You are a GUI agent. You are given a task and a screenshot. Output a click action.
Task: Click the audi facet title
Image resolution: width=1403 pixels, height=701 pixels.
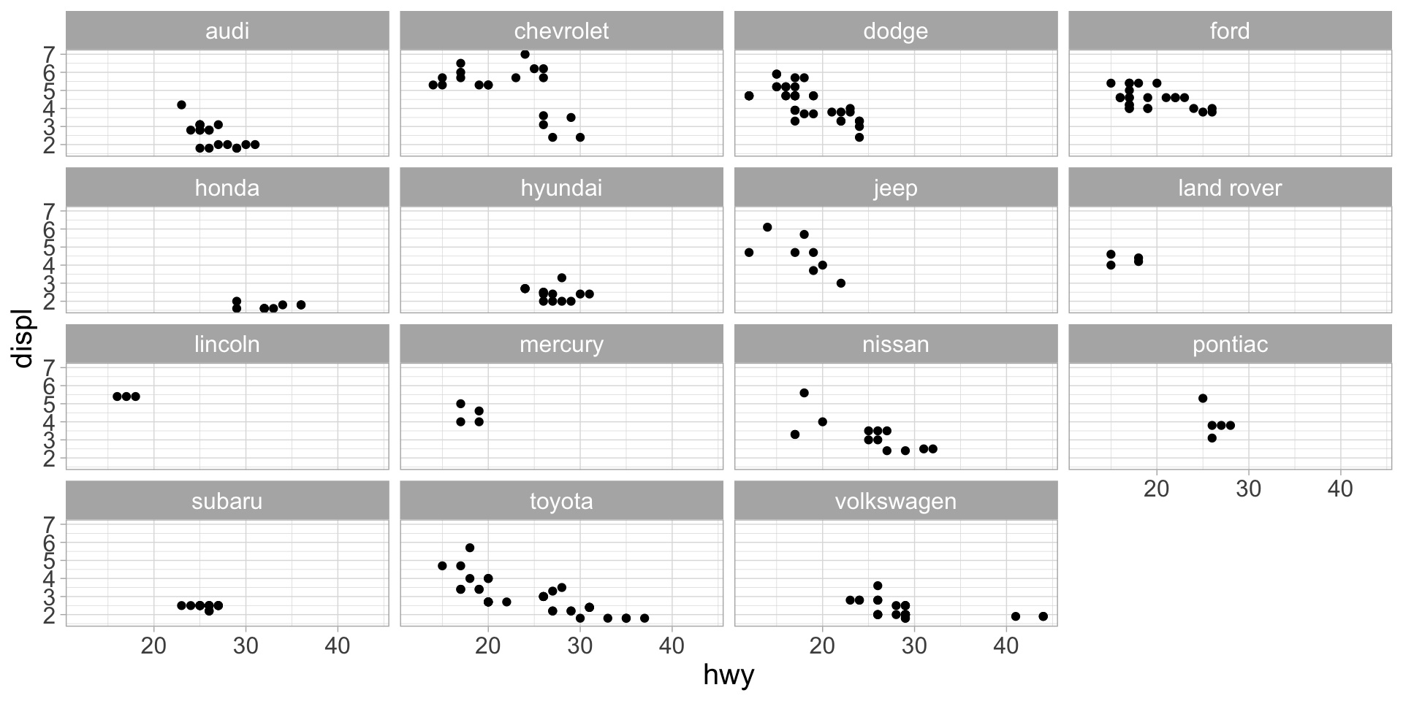pyautogui.click(x=227, y=31)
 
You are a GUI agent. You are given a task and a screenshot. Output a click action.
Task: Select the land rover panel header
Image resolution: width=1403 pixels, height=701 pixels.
pyautogui.click(x=1230, y=188)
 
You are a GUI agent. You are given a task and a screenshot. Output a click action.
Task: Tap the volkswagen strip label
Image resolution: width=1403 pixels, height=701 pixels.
pyautogui.click(x=895, y=501)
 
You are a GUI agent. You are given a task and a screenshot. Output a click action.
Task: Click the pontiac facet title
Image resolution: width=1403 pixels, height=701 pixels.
pyautogui.click(x=1230, y=344)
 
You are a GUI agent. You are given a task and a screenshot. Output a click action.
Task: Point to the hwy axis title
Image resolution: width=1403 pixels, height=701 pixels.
pyautogui.click(x=728, y=675)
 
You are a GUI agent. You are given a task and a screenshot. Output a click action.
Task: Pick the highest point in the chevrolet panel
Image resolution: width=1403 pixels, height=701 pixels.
pyautogui.click(x=525, y=54)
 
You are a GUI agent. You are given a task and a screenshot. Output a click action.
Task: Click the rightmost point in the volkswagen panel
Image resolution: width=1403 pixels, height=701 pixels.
pyautogui.click(x=1043, y=616)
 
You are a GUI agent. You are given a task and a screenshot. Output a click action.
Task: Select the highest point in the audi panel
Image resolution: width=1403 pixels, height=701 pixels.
pyautogui.click(x=181, y=104)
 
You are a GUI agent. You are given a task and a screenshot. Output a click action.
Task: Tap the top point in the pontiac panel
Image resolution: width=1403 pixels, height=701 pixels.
pyautogui.click(x=1202, y=398)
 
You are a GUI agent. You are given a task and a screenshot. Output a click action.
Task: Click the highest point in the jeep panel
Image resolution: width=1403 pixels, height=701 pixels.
pyautogui.click(x=767, y=227)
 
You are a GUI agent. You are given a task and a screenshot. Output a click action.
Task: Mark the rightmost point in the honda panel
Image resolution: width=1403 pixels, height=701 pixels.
pyautogui.click(x=300, y=304)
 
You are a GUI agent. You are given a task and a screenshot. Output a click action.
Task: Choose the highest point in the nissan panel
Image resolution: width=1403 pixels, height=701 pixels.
pyautogui.click(x=804, y=393)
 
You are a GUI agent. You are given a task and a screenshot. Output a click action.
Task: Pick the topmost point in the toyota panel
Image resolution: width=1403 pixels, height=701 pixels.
pyautogui.click(x=470, y=548)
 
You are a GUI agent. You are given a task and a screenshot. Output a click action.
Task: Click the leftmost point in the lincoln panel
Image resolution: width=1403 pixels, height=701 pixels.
pyautogui.click(x=117, y=397)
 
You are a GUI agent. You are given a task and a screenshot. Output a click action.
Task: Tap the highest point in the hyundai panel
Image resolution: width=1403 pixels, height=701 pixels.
pyautogui.click(x=561, y=277)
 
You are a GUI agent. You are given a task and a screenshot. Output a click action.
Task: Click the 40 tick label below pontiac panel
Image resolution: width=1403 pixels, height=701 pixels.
pyautogui.click(x=1340, y=489)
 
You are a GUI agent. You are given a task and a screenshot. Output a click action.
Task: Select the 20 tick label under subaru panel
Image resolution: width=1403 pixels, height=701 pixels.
pyautogui.click(x=153, y=646)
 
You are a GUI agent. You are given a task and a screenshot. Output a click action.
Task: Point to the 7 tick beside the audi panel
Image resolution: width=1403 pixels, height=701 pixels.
pyautogui.click(x=50, y=54)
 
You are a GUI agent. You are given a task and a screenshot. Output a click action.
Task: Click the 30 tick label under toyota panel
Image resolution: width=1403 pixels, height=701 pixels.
pyautogui.click(x=579, y=646)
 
